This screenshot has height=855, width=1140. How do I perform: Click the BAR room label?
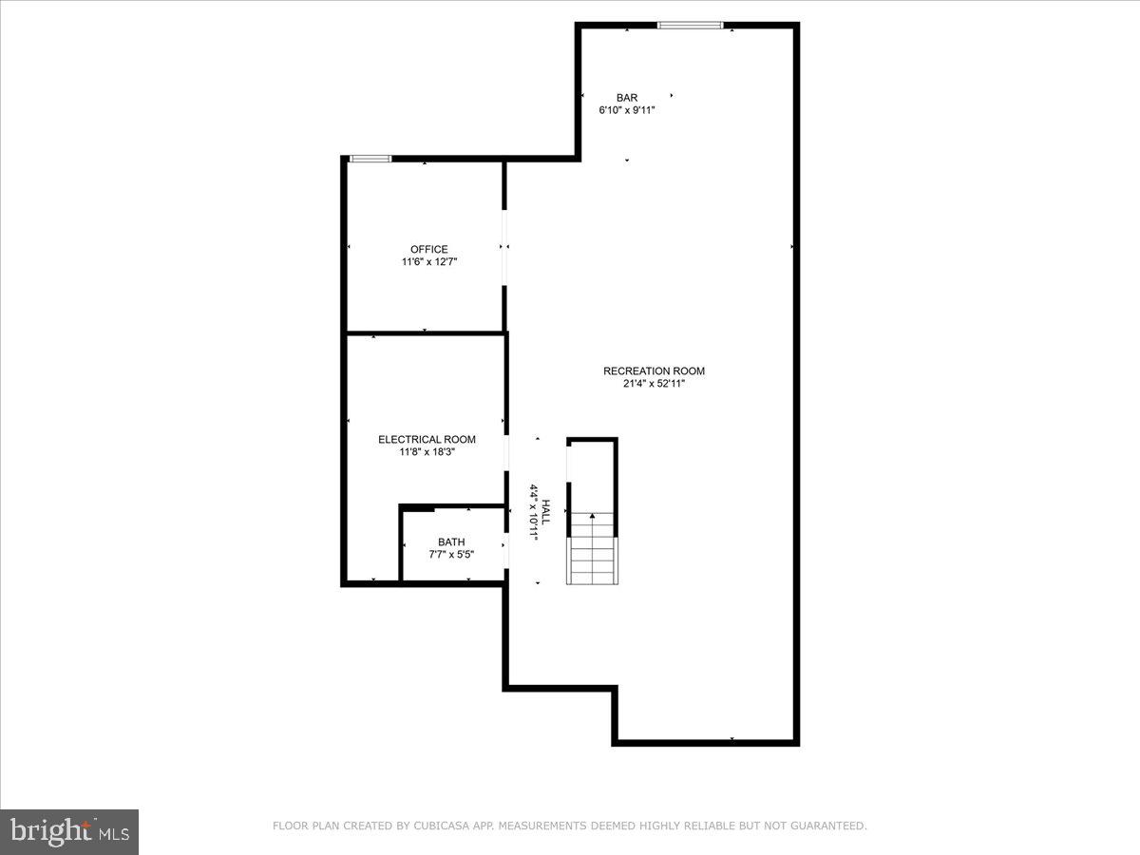[x=626, y=97]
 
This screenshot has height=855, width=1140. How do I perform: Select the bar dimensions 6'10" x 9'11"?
[x=626, y=110]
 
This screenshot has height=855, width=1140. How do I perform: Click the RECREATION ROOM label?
[x=654, y=370]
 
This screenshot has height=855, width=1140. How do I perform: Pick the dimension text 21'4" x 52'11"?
[x=654, y=384]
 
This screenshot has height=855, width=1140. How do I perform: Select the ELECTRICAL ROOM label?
[x=427, y=439]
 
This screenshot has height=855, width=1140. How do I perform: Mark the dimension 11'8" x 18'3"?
[x=427, y=452]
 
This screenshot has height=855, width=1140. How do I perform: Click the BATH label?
[x=451, y=541]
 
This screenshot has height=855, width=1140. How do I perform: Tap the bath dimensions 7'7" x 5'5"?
[x=451, y=554]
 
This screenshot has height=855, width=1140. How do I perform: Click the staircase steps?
[x=593, y=560]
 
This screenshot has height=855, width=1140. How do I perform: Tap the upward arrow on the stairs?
[x=593, y=519]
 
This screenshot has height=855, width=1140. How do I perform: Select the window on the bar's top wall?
[x=690, y=25]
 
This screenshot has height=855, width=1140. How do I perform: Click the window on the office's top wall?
[x=370, y=159]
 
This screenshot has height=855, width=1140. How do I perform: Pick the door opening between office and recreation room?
[x=505, y=247]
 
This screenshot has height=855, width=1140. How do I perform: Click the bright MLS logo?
[x=69, y=831]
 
